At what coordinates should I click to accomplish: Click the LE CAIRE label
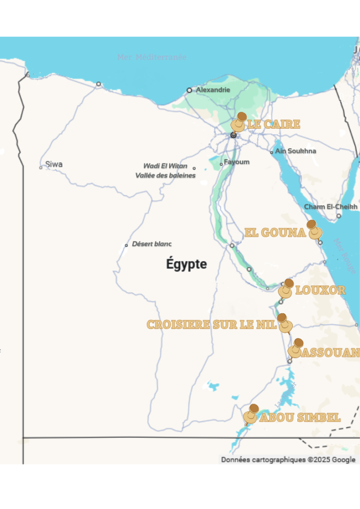(x=273, y=124)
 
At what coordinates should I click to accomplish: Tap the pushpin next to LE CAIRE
(x=239, y=122)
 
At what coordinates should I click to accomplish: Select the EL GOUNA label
(x=275, y=233)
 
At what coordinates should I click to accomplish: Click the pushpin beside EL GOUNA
(x=314, y=230)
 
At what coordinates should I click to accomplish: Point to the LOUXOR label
(x=320, y=290)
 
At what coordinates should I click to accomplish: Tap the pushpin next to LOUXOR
(x=286, y=289)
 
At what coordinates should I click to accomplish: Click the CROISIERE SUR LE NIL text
(x=211, y=325)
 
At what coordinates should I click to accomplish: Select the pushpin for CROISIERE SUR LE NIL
(x=284, y=323)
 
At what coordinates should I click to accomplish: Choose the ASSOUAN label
(x=330, y=353)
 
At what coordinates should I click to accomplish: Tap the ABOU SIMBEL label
(x=300, y=418)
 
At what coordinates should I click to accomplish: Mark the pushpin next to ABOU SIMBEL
(x=252, y=414)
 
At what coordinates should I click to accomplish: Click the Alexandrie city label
(x=213, y=90)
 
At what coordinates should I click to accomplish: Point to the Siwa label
(x=54, y=165)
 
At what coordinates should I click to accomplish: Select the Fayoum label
(x=237, y=162)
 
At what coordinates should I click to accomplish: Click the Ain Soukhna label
(x=295, y=151)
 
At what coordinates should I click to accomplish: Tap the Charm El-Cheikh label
(x=331, y=207)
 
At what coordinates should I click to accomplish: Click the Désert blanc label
(x=152, y=244)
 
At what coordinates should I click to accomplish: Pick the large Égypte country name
(x=186, y=264)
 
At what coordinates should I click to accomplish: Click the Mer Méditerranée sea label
(x=152, y=57)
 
